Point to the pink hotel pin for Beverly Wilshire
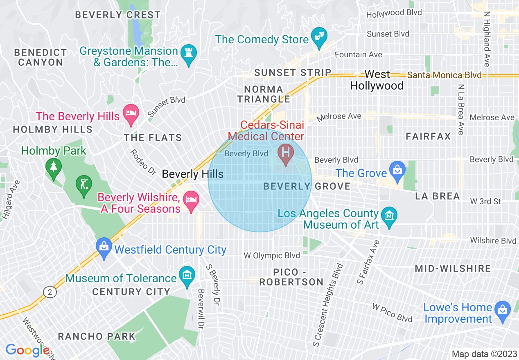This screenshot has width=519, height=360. tap(191, 200)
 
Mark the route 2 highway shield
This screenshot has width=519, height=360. tap(50, 292)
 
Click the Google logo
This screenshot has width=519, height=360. tap(27, 350)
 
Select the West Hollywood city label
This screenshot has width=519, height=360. tap(377, 80)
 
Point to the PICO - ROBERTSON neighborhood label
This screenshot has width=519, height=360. tap(291, 277)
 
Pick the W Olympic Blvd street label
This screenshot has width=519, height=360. tap(272, 256)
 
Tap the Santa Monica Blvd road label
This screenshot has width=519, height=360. tap(445, 75)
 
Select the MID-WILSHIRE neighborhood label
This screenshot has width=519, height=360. tap(453, 269)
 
